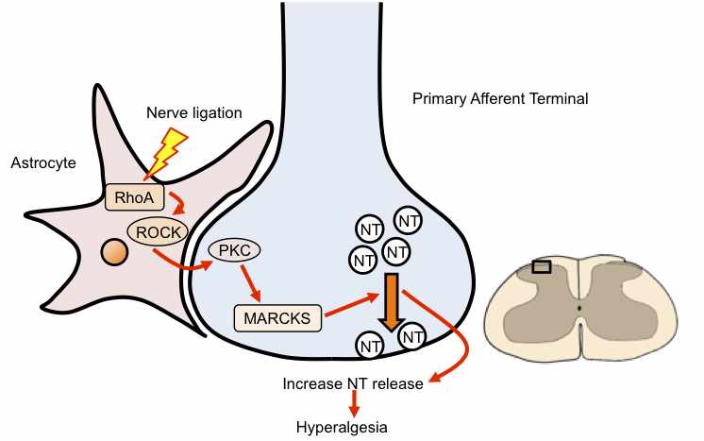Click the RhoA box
[132, 198]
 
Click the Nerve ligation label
[194, 114]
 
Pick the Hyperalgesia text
[342, 426]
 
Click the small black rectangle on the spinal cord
[542, 267]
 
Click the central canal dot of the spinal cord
[579, 308]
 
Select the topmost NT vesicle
[408, 221]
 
